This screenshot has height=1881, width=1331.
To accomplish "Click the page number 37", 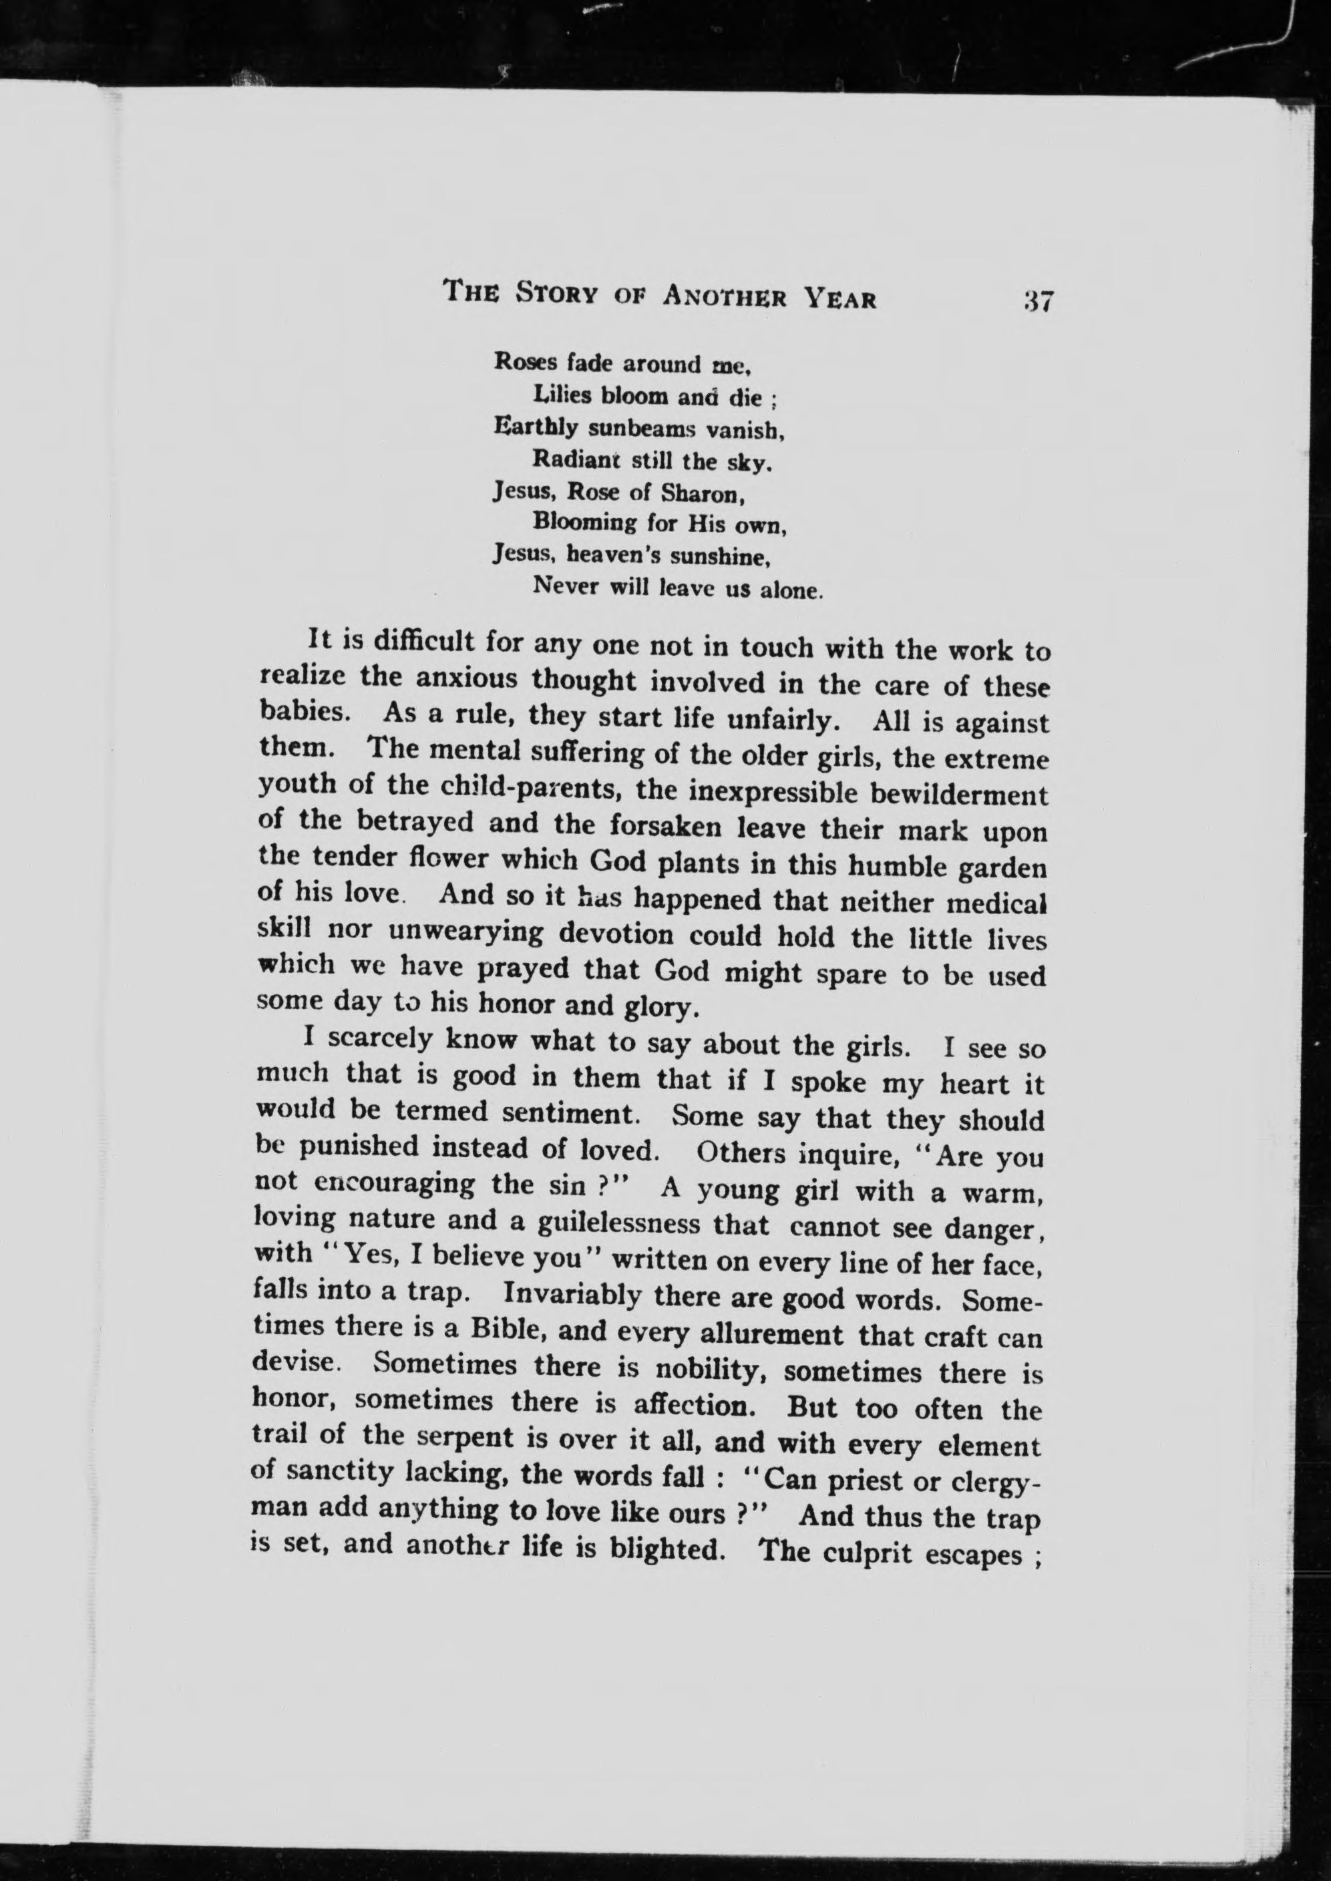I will pyautogui.click(x=1036, y=300).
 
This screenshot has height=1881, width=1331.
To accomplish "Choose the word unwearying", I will pyautogui.click(x=465, y=931).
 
